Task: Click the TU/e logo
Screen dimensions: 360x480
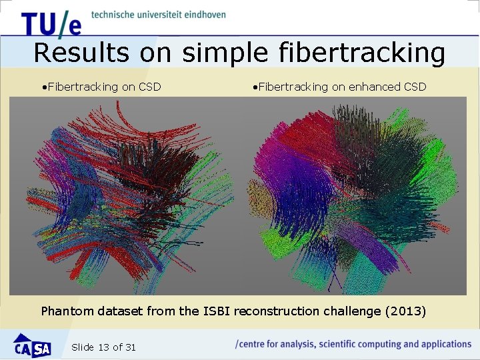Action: [51, 23]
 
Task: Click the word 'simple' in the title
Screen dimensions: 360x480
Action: [225, 53]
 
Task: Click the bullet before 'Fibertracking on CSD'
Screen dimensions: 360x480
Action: [43, 87]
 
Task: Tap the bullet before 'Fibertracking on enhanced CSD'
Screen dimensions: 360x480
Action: [255, 87]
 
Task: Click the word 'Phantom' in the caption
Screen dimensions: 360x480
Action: [67, 311]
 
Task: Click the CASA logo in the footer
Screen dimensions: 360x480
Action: [32, 345]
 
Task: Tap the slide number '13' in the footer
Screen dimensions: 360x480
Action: [103, 347]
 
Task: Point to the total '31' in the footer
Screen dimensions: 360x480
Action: [130, 347]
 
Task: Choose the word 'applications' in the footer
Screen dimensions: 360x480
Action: [442, 344]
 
